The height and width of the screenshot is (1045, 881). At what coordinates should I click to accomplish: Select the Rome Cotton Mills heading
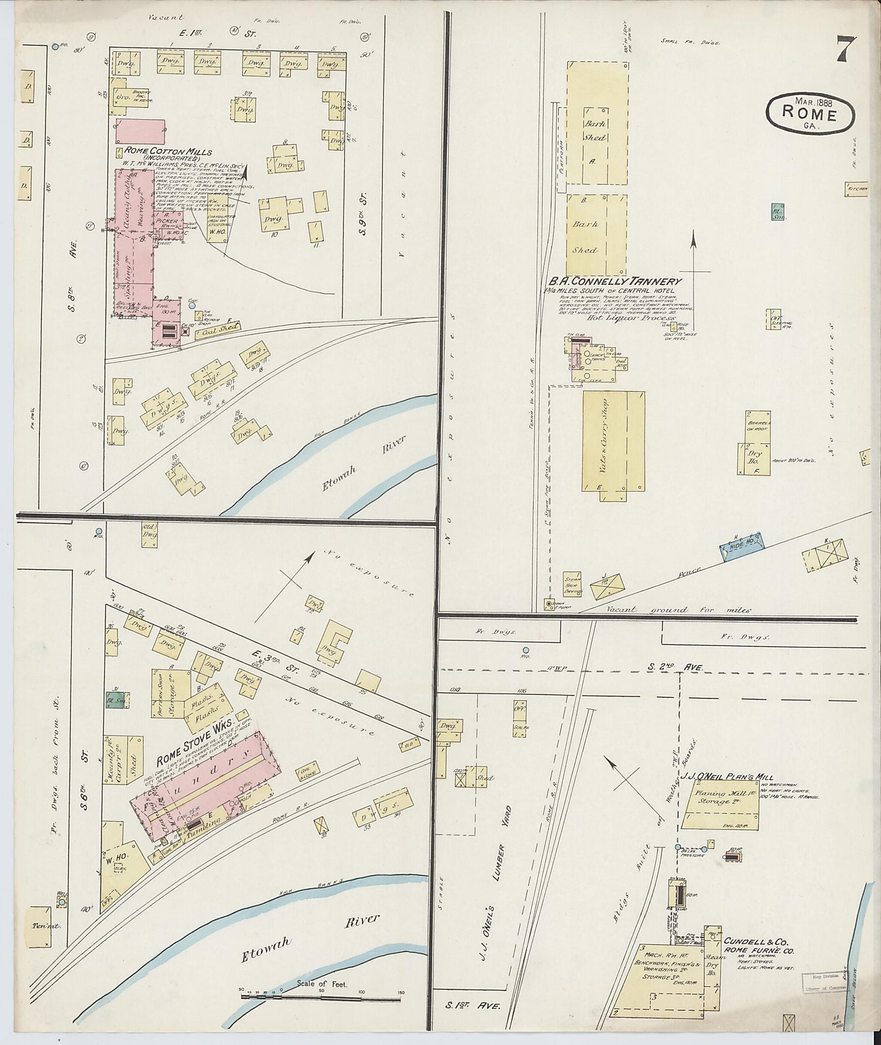pyautogui.click(x=167, y=151)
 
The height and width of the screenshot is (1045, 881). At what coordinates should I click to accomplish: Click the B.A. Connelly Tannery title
pyautogui.click(x=614, y=281)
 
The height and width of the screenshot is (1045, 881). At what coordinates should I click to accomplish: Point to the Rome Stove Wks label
pyautogui.click(x=194, y=741)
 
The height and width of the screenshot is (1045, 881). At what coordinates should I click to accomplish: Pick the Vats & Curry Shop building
pyautogui.click(x=613, y=441)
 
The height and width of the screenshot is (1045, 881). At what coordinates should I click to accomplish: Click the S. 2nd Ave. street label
pyautogui.click(x=675, y=667)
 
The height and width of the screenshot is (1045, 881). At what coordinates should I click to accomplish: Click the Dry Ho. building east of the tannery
pyautogui.click(x=754, y=457)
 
